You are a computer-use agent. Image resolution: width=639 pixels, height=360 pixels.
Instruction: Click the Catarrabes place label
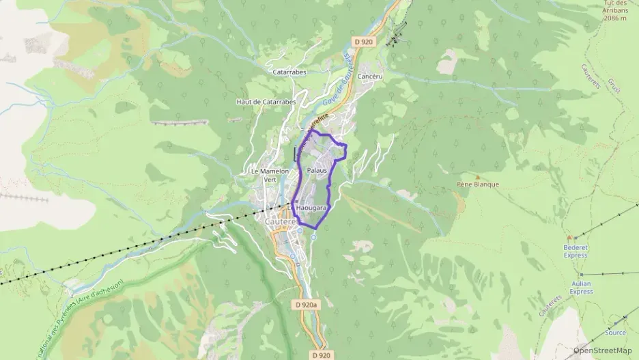coord(289,71)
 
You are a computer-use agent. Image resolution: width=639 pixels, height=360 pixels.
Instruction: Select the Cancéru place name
coord(369,77)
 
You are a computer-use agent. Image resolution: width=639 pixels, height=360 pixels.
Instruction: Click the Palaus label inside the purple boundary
coord(317,169)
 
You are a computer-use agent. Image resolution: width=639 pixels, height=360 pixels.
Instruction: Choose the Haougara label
coord(313,206)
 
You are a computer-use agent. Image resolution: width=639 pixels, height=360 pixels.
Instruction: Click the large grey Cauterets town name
coord(280,221)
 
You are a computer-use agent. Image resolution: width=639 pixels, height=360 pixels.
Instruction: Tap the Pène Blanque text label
coord(478,184)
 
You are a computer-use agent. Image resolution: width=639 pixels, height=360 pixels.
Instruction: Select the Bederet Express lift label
coord(576,251)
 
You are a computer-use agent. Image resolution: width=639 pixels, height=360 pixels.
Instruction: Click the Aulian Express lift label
coord(581,287)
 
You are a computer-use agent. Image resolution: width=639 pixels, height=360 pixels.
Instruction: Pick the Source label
coord(614,332)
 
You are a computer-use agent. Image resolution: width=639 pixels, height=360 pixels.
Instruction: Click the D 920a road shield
coord(308,305)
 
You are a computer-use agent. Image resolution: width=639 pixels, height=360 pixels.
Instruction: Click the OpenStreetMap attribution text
coord(603,350)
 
